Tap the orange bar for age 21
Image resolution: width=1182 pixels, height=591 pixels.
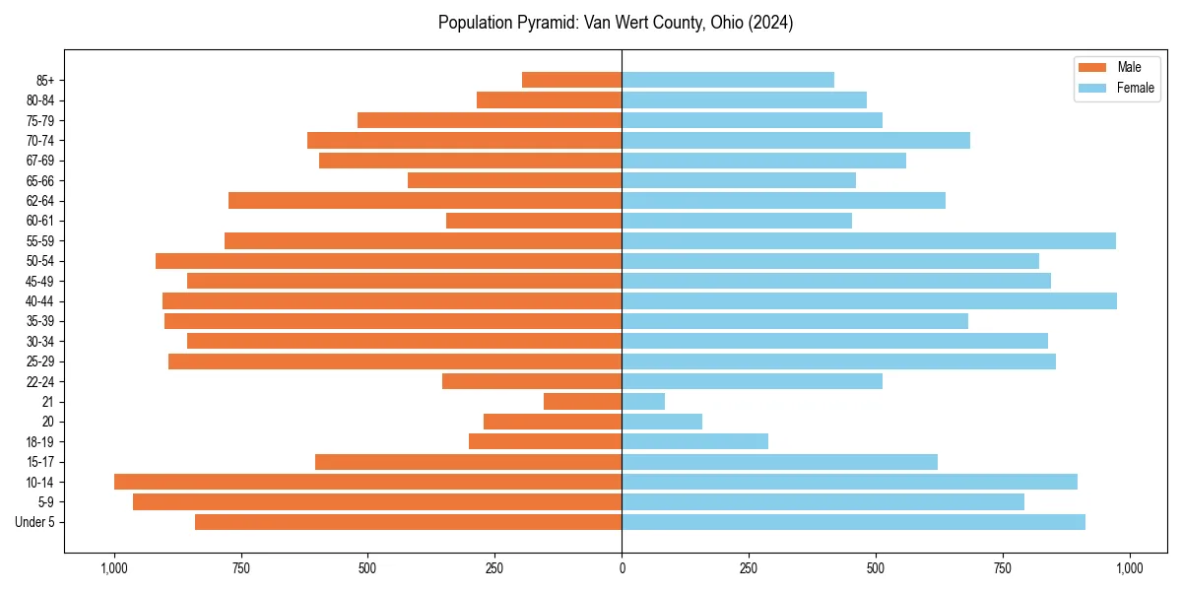click(582, 402)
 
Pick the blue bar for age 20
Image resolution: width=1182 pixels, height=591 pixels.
click(662, 422)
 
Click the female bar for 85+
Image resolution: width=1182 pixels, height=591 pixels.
click(728, 80)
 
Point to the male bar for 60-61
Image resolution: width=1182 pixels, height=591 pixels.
click(534, 221)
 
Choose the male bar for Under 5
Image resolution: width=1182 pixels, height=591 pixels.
click(408, 522)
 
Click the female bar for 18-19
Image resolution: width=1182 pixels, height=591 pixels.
click(694, 441)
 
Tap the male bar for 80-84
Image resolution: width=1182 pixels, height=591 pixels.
click(549, 100)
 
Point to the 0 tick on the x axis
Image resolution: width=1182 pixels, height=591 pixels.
click(622, 568)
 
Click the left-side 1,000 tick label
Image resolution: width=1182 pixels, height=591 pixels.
click(114, 568)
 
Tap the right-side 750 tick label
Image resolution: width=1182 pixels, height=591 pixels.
click(1003, 568)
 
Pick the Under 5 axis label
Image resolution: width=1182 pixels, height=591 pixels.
click(34, 522)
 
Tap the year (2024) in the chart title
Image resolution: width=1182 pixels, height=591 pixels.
click(771, 23)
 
